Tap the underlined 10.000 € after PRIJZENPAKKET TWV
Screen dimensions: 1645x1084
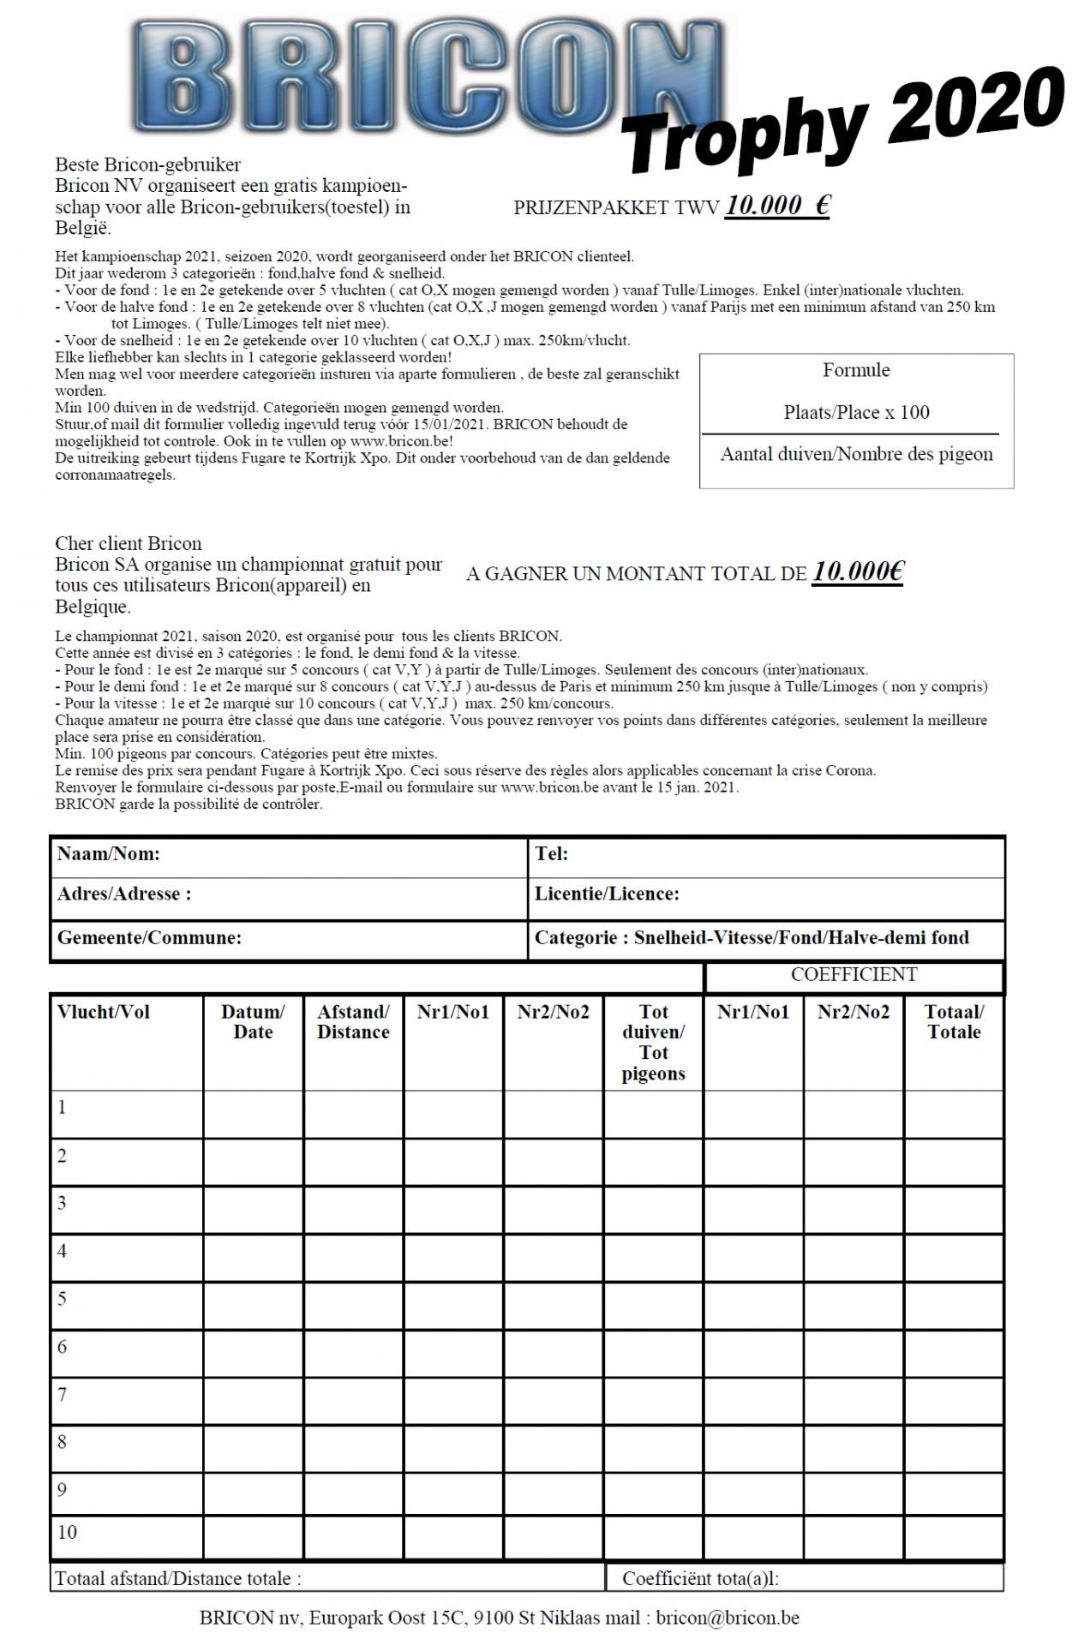point(777,206)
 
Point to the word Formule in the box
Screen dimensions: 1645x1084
point(856,370)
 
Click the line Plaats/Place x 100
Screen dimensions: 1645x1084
point(856,412)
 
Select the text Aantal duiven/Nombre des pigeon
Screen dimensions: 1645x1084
point(856,454)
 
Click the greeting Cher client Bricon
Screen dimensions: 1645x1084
point(129,543)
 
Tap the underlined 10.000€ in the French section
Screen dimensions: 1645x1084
point(858,572)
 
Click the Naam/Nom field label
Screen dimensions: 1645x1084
point(109,853)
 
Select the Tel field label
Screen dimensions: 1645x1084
point(552,853)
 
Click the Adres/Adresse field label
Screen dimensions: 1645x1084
point(124,894)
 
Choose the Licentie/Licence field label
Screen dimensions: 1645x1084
point(607,894)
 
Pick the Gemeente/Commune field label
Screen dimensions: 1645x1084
point(149,937)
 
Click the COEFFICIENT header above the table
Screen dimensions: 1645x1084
point(853,974)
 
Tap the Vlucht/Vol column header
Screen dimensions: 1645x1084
point(104,1012)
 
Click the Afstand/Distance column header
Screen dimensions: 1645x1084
point(353,1022)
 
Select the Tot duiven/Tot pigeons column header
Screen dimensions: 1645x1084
point(653,1043)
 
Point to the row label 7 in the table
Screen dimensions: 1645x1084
point(62,1394)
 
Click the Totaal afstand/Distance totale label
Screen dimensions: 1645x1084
point(178,1577)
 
